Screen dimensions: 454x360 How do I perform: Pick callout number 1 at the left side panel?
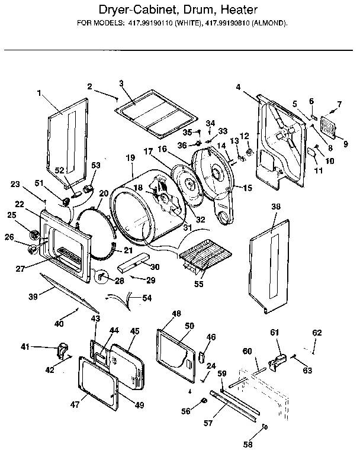click(39, 93)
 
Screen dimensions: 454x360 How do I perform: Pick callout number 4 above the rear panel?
click(238, 87)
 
